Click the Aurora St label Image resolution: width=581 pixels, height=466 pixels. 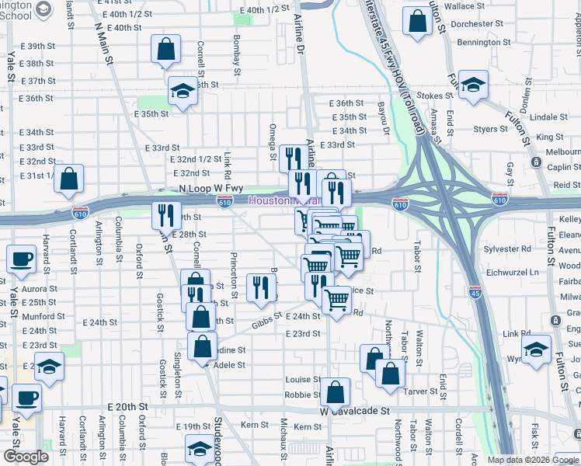pos(40,289)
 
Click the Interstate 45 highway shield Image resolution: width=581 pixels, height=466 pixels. pos(475,292)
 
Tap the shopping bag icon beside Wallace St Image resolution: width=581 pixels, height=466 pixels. pos(418,23)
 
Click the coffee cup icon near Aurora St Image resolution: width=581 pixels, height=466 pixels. pos(22,259)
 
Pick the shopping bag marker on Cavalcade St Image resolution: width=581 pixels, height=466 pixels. pos(335,394)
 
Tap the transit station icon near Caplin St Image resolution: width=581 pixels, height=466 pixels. pos(536,162)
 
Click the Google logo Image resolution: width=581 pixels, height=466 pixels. pos(26,457)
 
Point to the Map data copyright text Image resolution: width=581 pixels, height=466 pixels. pos(533,460)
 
